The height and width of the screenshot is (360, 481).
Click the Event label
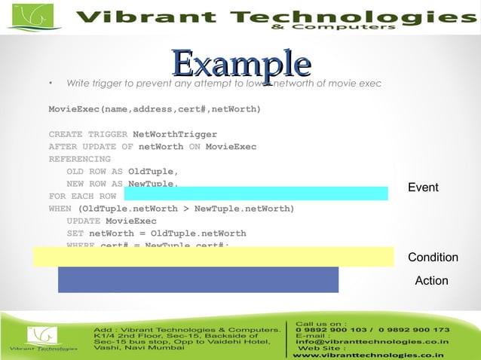point(423,187)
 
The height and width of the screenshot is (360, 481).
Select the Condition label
point(433,258)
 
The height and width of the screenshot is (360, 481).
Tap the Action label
point(431,281)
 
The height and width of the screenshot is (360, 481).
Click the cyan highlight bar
point(256,194)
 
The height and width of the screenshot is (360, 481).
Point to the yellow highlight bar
point(213,256)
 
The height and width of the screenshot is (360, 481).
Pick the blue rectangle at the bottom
point(198,279)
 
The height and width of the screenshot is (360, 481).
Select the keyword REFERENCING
point(79,159)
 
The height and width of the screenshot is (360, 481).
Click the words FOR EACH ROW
point(82,196)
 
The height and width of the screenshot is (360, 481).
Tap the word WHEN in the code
point(61,208)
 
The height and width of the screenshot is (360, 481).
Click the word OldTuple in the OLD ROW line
point(152,171)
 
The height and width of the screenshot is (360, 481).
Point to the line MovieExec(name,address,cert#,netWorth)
point(155,110)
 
